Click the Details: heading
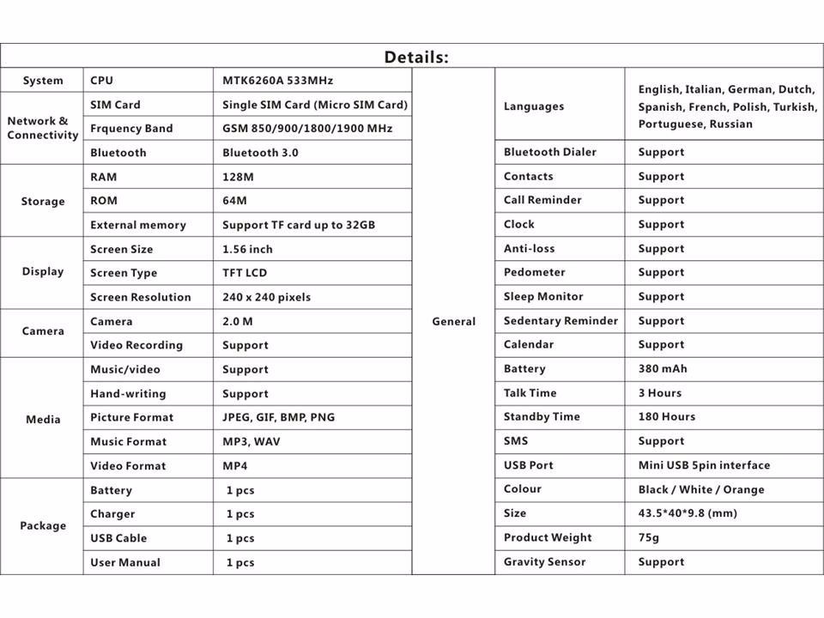pos(416,58)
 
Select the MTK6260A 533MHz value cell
pos(277,81)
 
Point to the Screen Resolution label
pos(141,297)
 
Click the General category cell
pos(453,321)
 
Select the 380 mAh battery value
pos(663,369)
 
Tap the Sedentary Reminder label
pos(560,321)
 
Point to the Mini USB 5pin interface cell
pos(704,465)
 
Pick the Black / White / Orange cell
pos(700,489)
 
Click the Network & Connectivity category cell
pos(42,128)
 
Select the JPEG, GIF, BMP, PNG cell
pos(278,417)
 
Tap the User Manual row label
pos(125,562)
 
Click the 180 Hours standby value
pos(666,417)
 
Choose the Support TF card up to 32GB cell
pos(299,225)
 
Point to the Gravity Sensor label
pos(544,562)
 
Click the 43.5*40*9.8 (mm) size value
pos(688,513)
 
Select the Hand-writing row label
pos(128,393)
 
